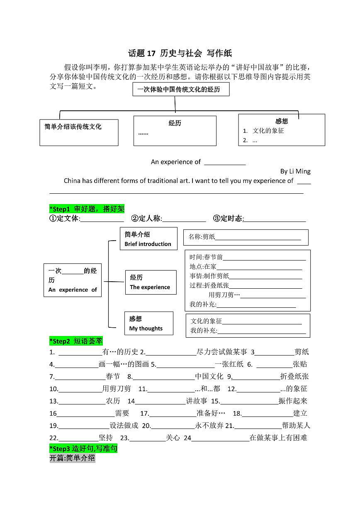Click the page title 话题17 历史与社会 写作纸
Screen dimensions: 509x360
(180, 53)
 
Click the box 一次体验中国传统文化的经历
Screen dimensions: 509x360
(181, 89)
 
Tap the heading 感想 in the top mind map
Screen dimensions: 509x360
(282, 121)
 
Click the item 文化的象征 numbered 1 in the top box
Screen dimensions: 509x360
(268, 131)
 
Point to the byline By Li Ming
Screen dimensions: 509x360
(295, 171)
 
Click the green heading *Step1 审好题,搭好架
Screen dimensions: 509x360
(87, 209)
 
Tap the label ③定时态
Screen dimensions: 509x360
(228, 219)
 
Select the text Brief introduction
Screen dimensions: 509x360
(148, 244)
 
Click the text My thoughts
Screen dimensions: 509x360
(146, 329)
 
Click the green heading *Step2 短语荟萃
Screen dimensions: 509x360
(76, 341)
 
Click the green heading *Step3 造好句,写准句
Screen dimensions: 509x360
(83, 448)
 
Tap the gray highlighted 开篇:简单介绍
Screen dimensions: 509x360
(72, 458)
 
